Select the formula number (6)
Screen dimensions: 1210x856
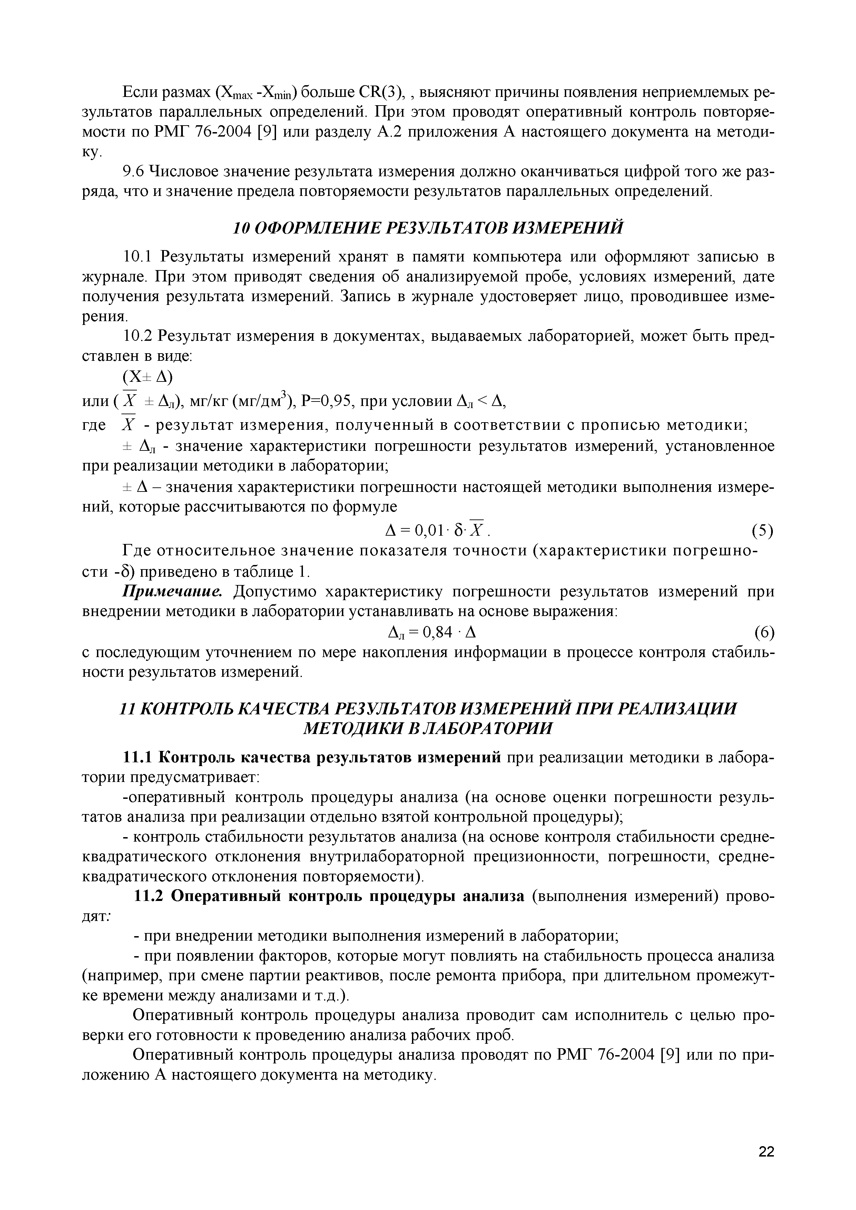(763, 632)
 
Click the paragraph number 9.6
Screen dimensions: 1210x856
(133, 172)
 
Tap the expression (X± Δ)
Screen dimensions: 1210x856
(148, 377)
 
